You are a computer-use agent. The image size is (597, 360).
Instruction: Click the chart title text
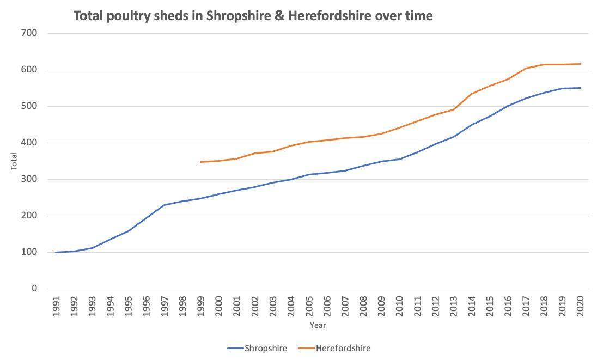click(253, 16)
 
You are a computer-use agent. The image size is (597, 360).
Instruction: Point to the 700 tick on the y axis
click(29, 33)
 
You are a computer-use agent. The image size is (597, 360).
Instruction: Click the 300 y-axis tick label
click(29, 179)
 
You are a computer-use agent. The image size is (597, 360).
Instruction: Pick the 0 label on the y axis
click(34, 289)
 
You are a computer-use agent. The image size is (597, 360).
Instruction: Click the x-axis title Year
click(318, 325)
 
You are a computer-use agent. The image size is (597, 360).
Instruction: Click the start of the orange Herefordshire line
click(200, 162)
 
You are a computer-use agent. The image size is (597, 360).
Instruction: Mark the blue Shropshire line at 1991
click(56, 252)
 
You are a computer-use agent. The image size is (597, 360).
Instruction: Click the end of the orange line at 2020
click(580, 64)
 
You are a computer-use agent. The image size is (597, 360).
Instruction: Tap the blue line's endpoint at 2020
click(580, 88)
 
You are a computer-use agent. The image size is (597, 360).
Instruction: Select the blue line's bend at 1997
click(165, 205)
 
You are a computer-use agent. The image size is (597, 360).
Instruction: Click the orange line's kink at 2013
click(453, 109)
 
